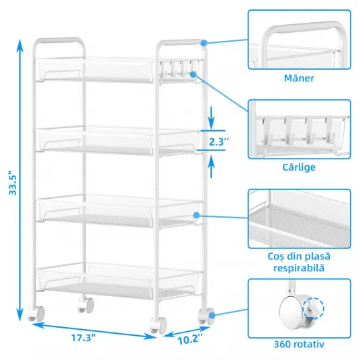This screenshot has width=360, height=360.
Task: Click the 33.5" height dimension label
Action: click(x=13, y=183)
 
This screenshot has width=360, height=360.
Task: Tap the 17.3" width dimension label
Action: click(x=83, y=338)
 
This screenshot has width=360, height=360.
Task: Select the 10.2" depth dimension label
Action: click(x=190, y=339)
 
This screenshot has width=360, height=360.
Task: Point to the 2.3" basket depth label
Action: click(x=219, y=142)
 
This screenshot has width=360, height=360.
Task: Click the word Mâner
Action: click(x=299, y=79)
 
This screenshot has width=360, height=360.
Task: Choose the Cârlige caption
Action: click(x=299, y=167)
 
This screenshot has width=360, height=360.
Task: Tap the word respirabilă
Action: click(x=299, y=268)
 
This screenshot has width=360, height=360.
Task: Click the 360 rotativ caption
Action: click(x=299, y=344)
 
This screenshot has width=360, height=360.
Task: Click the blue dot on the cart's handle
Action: click(x=204, y=43)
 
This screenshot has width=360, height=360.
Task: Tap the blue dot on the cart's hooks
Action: click(x=193, y=74)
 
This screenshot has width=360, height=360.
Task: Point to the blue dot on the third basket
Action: click(x=196, y=216)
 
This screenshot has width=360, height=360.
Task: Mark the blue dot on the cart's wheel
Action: click(x=212, y=316)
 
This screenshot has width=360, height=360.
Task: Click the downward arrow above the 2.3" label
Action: click(x=212, y=118)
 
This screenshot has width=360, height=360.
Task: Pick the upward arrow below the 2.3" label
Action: click(x=212, y=166)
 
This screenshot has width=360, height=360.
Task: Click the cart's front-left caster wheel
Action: click(x=36, y=314)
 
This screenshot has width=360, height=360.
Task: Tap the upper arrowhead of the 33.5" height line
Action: click(x=20, y=45)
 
